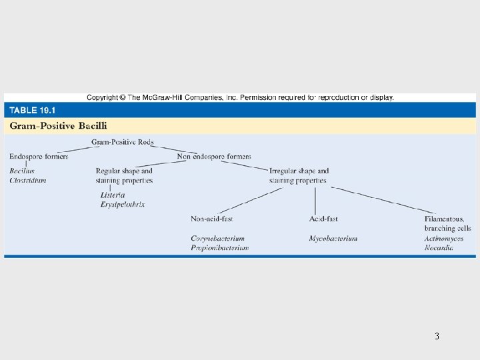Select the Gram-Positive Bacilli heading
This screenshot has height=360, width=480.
coord(58,125)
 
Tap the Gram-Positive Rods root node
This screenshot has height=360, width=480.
coord(122,142)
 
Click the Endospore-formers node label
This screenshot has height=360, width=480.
coord(39,157)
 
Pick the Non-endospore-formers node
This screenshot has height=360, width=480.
coord(214,157)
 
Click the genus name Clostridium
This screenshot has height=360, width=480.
coord(28,180)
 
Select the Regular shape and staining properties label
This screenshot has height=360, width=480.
coord(124,175)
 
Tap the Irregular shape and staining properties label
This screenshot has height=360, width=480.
coord(299,175)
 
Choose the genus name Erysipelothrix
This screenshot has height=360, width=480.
coord(123,204)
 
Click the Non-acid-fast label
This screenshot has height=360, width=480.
coord(211,219)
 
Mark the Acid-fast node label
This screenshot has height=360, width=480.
coord(323,219)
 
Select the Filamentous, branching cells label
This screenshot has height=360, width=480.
coord(448,223)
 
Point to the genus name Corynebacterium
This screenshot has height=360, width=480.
coord(217,238)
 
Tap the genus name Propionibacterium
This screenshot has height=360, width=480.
coord(219,247)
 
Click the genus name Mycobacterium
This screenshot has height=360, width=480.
coord(333,238)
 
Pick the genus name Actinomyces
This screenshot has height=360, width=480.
coord(444,238)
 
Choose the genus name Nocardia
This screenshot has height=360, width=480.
coord(439,247)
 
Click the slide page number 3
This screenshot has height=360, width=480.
coord(437,336)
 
